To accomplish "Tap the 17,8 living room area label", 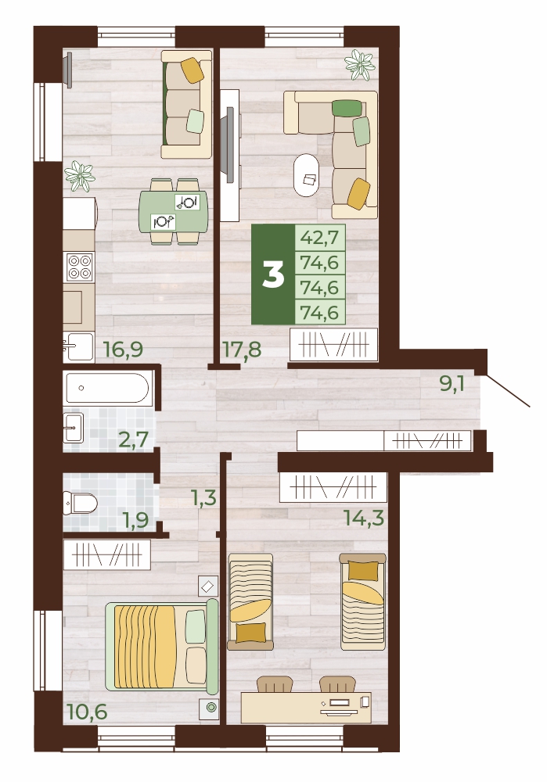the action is tap(242, 350).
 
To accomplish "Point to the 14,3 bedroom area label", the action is tap(365, 518).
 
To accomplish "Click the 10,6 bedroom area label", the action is tap(87, 712).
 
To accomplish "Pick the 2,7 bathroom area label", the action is tap(133, 439).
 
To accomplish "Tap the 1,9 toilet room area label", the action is tap(135, 521).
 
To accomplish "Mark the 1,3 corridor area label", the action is tap(203, 497).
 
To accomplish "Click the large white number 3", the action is tap(273, 274).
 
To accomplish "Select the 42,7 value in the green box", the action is tap(319, 237).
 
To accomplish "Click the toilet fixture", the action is tap(81, 503).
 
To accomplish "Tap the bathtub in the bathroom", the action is tap(106, 388).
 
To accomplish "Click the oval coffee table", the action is tap(308, 175).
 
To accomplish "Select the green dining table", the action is tap(173, 211).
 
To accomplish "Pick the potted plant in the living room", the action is tap(359, 64).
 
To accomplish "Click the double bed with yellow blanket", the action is tap(162, 646).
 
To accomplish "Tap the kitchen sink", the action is tap(79, 346).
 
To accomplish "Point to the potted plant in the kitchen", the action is tap(80, 177).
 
